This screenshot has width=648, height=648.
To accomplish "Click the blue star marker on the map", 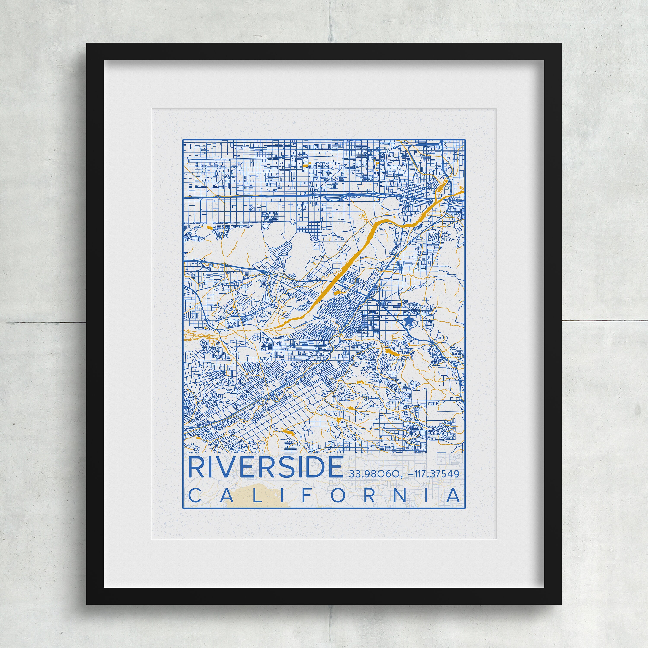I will (x=408, y=321).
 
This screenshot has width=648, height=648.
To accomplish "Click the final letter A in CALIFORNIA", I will (x=453, y=495).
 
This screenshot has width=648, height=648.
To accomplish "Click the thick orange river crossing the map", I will (x=349, y=262).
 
